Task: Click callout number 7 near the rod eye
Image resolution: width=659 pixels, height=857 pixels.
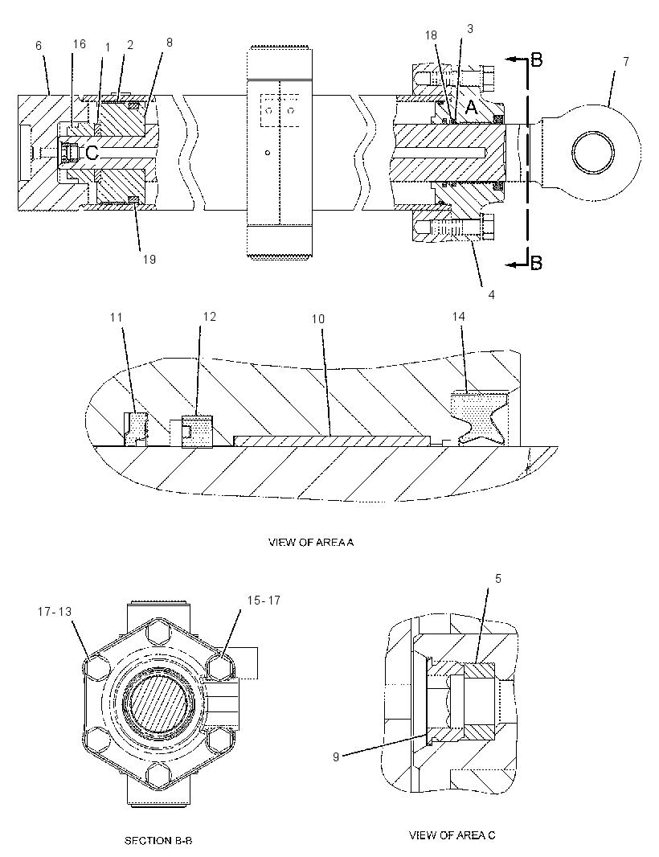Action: pyautogui.click(x=626, y=62)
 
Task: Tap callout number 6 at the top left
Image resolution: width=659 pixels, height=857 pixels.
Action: pyautogui.click(x=39, y=46)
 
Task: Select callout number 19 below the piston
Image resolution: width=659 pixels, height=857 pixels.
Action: pyautogui.click(x=149, y=259)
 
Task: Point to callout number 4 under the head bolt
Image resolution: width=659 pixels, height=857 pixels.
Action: pyautogui.click(x=491, y=294)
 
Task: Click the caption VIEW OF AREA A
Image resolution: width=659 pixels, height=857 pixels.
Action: pyautogui.click(x=311, y=542)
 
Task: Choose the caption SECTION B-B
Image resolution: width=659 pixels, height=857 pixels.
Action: pyautogui.click(x=158, y=840)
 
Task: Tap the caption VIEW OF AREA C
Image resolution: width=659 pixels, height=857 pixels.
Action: pyautogui.click(x=452, y=834)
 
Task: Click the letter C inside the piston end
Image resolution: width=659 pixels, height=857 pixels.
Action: pyautogui.click(x=92, y=153)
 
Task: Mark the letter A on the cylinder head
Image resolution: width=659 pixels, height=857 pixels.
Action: pyautogui.click(x=470, y=109)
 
